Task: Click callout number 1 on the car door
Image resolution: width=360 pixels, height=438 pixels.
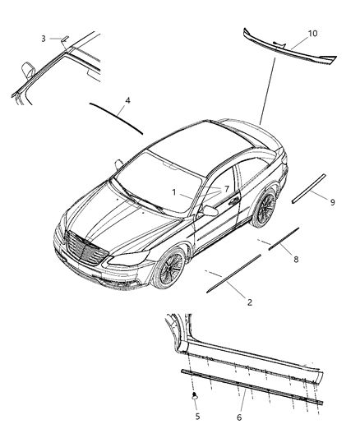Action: coord(174,191)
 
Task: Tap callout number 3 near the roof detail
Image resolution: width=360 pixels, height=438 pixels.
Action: coord(43,38)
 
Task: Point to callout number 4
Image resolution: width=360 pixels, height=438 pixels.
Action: coord(127,100)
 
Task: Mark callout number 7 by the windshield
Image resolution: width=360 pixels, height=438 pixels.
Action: coord(226,189)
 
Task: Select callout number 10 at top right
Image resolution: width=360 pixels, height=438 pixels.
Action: coord(312,34)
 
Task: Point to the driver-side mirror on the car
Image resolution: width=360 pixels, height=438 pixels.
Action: coord(210,211)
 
